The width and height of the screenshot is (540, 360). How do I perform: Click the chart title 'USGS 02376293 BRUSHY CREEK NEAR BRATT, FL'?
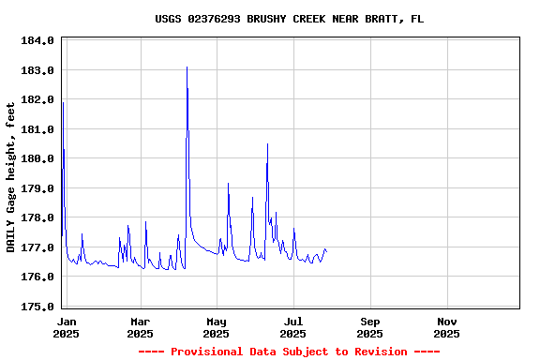point(289,19)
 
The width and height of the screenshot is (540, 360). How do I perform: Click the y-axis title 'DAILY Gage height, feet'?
point(11,177)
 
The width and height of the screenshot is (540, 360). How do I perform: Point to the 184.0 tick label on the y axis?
point(38,41)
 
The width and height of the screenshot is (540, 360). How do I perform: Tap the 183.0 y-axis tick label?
point(38,70)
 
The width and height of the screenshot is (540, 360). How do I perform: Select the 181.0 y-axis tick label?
point(38,129)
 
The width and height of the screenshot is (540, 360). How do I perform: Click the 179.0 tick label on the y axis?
point(38,188)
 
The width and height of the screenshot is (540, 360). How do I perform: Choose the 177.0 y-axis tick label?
point(38,247)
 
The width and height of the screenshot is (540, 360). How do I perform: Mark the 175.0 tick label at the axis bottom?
point(38,307)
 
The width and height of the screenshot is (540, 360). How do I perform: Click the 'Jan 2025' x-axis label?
point(66,327)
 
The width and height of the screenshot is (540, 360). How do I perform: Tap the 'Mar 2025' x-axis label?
point(140,327)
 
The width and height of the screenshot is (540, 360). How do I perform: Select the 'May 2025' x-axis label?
point(217,327)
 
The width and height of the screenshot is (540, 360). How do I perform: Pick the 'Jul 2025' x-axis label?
point(293,327)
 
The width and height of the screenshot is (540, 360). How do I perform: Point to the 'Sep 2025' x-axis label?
point(370,327)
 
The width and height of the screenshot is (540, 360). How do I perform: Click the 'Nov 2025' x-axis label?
point(447,327)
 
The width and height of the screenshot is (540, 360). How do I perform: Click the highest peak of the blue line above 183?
point(187,67)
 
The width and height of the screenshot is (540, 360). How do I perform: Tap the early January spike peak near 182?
point(63,102)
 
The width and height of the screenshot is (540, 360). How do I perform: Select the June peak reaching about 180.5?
point(267,144)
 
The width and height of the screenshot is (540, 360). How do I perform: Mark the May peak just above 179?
point(228,184)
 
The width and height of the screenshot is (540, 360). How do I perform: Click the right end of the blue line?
point(326,250)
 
